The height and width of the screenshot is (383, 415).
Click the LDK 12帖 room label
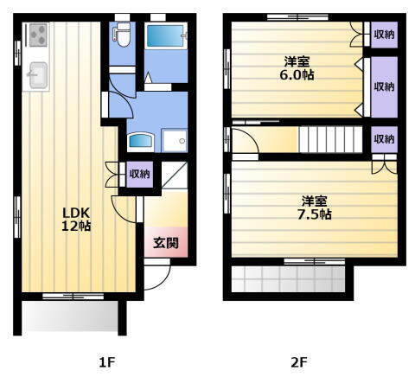coord(76,219)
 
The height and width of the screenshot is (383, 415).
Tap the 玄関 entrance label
coord(166,243)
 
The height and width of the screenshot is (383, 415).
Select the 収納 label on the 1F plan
coord(139,174)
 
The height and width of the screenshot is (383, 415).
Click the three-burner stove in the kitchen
coord(38,35)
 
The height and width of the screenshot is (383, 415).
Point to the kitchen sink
coord(37,76)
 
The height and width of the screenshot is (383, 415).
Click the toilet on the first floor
coord(122,36)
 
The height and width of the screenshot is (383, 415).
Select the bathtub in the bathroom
coord(164,38)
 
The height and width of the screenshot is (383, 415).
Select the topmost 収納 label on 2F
coord(384,35)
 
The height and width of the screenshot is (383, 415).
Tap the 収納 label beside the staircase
coord(384,138)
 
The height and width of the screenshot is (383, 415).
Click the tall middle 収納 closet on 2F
coord(384,87)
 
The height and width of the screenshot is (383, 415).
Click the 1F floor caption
coord(106,362)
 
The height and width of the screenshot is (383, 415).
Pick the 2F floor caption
coord(298,362)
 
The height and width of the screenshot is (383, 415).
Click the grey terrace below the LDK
coord(70,316)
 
